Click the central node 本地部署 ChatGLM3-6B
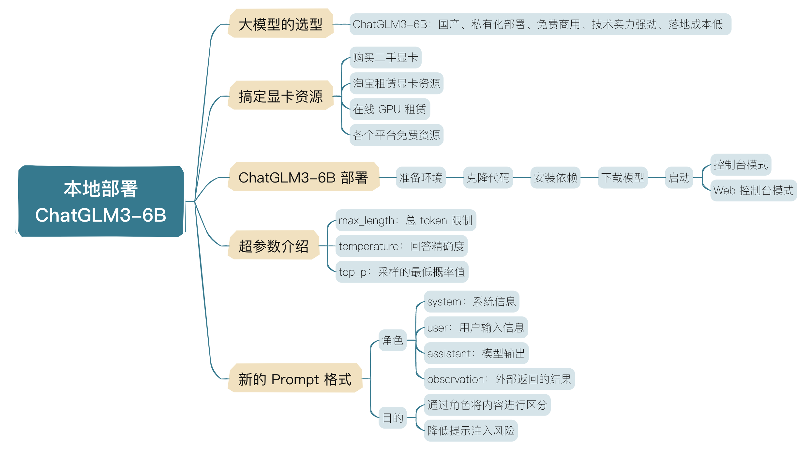[x=101, y=201]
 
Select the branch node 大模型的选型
[x=280, y=23]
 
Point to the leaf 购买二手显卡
[x=385, y=57]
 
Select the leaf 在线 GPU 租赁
[x=390, y=109]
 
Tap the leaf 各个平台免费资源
[x=397, y=135]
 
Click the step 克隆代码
[x=488, y=178]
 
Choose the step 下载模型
[x=622, y=178]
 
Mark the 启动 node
[x=679, y=178]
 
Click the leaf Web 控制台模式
[x=754, y=190]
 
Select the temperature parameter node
[x=401, y=246]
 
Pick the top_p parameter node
[x=402, y=272]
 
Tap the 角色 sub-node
[x=393, y=340]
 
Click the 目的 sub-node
[x=393, y=417]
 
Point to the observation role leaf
[x=499, y=379]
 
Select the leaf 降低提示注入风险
[x=471, y=431]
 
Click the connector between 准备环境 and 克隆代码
[x=455, y=178]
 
